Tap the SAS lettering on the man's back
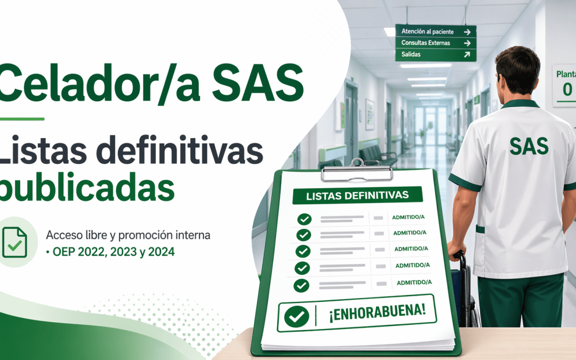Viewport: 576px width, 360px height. pos(529,145)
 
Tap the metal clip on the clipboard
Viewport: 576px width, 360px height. pos(357,172)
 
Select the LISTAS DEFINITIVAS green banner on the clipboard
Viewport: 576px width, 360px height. pos(357,195)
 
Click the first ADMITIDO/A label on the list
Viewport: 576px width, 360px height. pos(409,218)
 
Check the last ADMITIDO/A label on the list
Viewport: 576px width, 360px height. pos(414,282)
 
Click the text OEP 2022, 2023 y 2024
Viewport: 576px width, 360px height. pos(113,252)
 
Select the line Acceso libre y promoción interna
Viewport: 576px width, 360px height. pos(128,235)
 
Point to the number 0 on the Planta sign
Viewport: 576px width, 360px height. pos(567,89)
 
